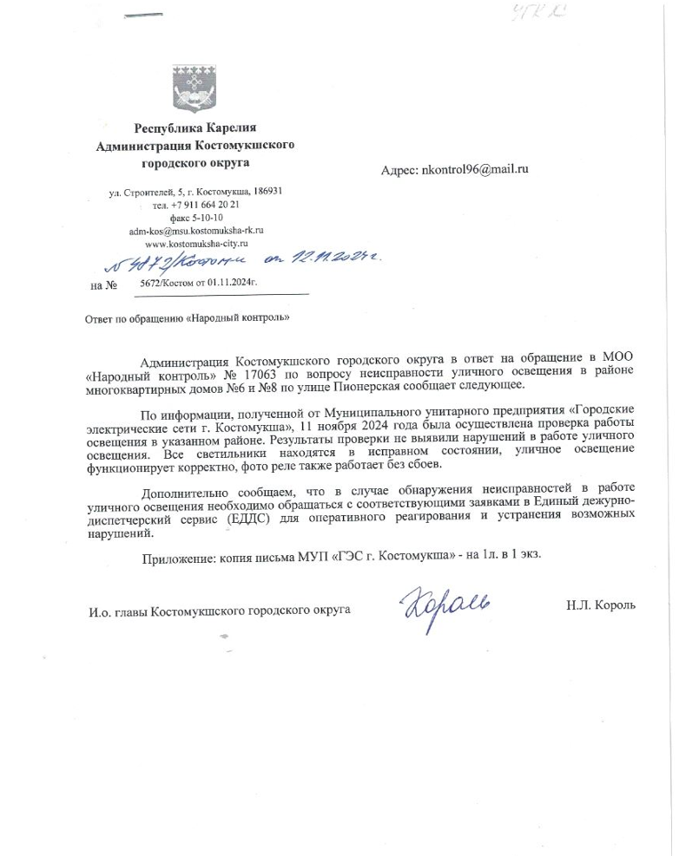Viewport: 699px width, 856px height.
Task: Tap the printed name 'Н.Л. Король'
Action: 600,604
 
